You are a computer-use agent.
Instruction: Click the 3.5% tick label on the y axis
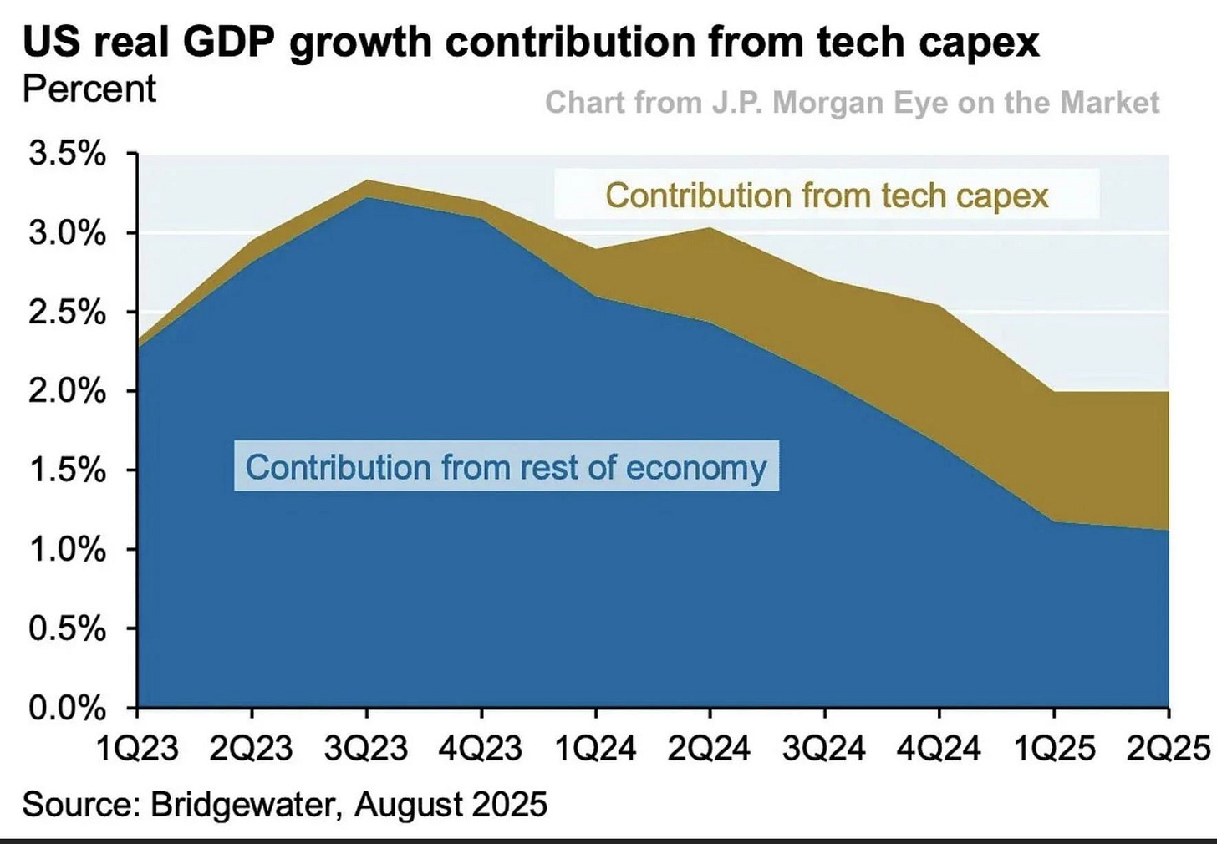68,155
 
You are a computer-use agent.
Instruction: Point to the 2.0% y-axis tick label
68,391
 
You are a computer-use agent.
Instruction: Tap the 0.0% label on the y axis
68,708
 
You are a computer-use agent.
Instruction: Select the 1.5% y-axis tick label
68,470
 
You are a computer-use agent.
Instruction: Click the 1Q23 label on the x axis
137,748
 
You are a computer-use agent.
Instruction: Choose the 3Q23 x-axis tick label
366,748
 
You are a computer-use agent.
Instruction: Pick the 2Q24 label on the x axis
710,748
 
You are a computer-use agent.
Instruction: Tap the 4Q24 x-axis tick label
939,748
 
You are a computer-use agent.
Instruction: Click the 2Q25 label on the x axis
1169,748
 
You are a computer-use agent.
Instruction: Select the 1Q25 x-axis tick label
1053,748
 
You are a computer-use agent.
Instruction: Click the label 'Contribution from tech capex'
827,196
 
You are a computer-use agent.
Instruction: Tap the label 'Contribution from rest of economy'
506,467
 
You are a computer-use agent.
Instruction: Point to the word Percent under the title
89,89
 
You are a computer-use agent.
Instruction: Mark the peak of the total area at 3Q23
366,180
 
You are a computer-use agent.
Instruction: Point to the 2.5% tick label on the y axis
68,313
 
